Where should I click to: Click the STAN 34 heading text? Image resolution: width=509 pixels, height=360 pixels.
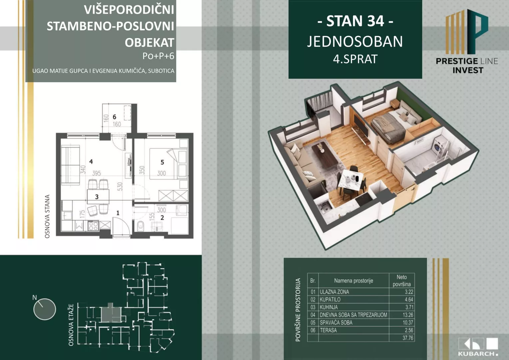(x=355, y=21)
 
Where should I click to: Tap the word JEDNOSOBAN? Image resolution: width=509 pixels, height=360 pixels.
(x=355, y=42)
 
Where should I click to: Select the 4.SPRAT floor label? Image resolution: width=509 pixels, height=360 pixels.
(x=355, y=59)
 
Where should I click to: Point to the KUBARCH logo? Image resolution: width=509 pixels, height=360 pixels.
(x=478, y=347)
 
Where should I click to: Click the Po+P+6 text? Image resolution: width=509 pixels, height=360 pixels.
(x=158, y=56)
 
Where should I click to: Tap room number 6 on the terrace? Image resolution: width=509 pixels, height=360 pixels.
(x=114, y=117)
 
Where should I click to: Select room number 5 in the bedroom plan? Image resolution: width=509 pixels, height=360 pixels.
(x=162, y=162)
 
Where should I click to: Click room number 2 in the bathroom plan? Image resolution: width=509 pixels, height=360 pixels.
(x=162, y=218)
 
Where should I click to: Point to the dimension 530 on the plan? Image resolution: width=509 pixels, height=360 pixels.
(x=120, y=186)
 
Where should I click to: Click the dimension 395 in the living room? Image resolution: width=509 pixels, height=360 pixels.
(x=96, y=173)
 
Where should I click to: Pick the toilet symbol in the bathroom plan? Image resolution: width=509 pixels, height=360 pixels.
(x=140, y=226)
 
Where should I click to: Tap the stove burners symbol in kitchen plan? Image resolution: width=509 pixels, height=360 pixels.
(x=93, y=226)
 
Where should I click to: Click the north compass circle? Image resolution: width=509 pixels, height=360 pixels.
(x=44, y=309)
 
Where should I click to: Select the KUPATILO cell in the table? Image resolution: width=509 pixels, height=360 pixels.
(x=330, y=300)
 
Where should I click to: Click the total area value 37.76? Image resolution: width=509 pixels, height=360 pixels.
(x=408, y=338)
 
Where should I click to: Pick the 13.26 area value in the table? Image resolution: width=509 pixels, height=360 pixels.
(x=408, y=315)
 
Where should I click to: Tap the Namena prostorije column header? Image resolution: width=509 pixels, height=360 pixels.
(x=353, y=281)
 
